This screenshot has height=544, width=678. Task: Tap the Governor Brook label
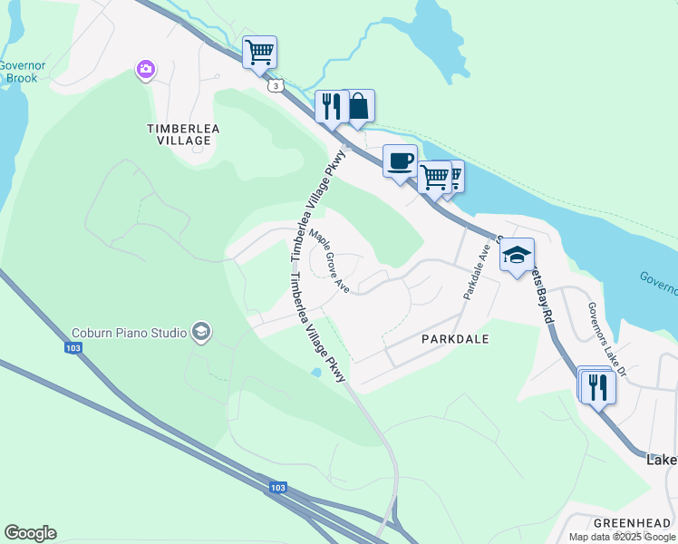click(17, 72)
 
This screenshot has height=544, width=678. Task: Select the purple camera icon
click(146, 69)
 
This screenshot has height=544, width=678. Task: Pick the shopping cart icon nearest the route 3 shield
click(259, 52)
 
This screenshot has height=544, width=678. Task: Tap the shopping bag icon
click(359, 106)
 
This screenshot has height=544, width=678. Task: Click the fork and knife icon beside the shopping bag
click(331, 106)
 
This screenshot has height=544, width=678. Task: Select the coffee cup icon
click(400, 161)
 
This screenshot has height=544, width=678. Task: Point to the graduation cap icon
click(517, 254)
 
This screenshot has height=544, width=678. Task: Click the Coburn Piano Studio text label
click(130, 333)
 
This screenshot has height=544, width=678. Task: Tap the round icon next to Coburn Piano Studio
click(200, 333)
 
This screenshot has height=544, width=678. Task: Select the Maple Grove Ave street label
click(329, 259)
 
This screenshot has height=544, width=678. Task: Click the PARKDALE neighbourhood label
click(455, 338)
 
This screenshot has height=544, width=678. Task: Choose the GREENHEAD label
click(632, 523)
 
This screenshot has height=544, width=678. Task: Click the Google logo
click(30, 533)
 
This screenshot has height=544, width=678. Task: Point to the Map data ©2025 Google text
click(623, 537)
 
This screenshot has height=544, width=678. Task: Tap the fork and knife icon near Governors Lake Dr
click(597, 387)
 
